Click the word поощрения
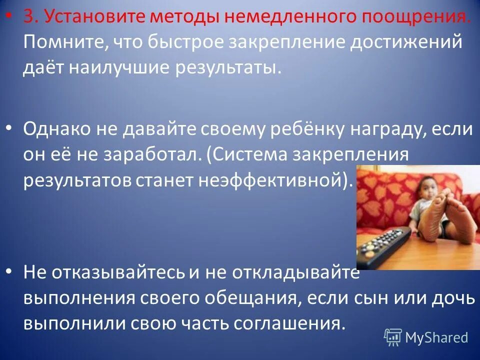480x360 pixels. point(410,18)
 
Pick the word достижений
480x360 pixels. point(404,42)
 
